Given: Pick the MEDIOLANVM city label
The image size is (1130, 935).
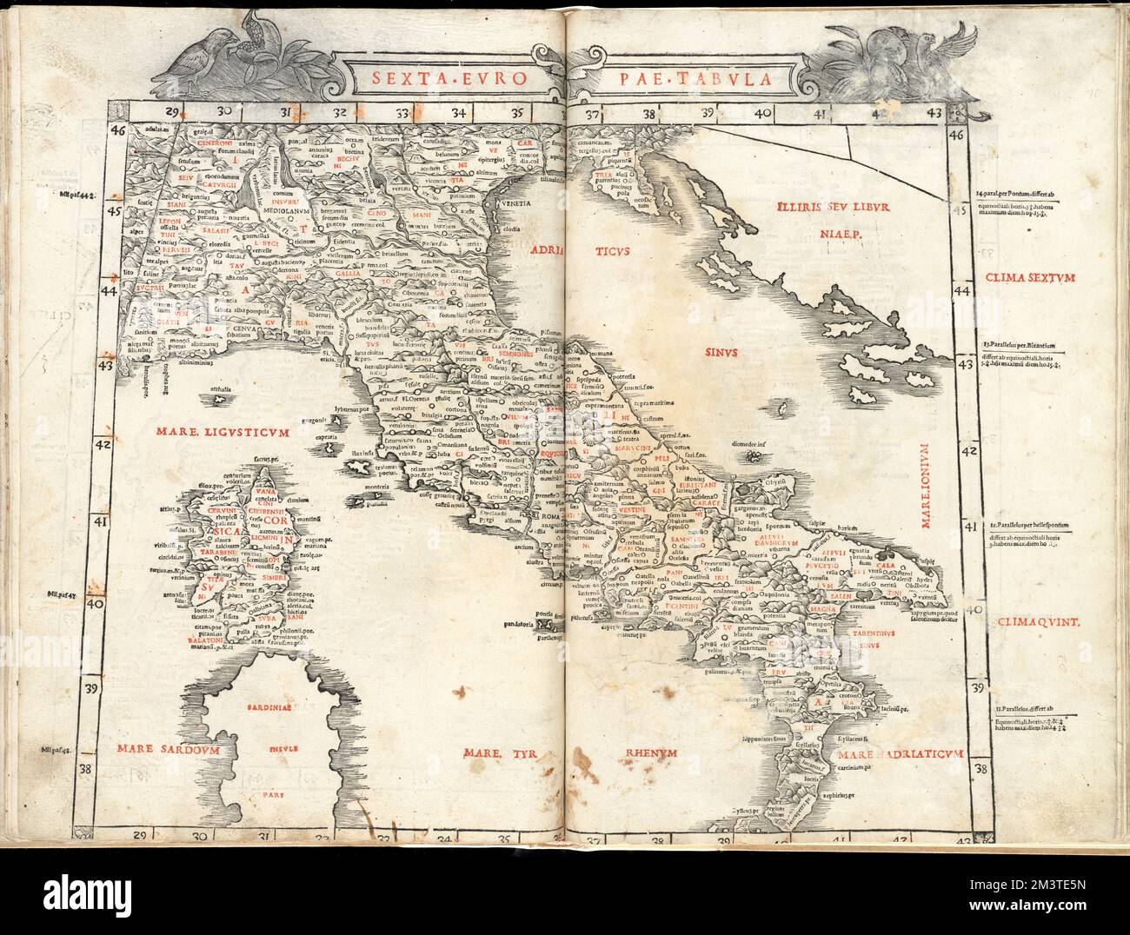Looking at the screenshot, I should point(291,209).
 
